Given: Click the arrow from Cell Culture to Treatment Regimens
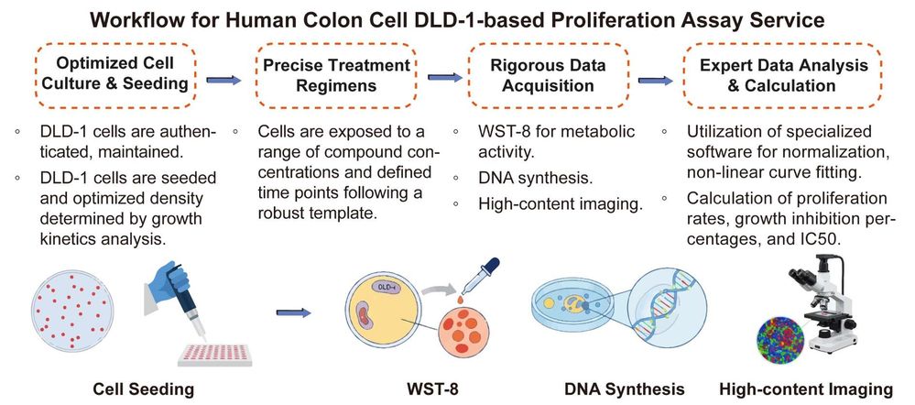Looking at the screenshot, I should pyautogui.click(x=224, y=80).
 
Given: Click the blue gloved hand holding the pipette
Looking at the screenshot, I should pyautogui.click(x=165, y=279).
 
